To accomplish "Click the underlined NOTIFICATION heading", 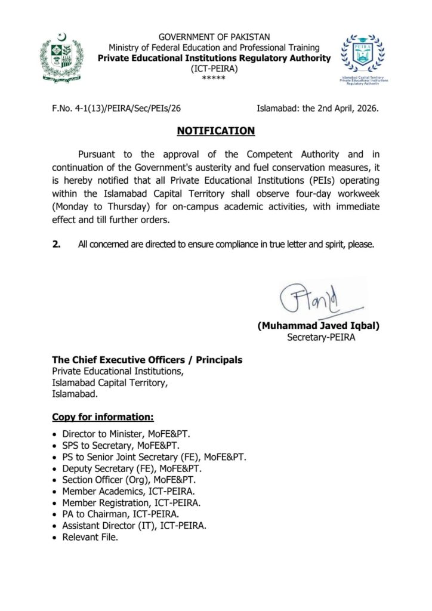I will (215, 131).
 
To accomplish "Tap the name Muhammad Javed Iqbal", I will (318, 326).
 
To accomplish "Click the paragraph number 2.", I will (56, 243).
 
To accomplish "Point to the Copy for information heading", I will (103, 416).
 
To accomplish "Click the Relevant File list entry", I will (90, 537).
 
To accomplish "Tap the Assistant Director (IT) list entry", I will (134, 526).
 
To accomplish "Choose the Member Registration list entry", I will (131, 503).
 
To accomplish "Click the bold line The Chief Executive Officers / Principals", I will (147, 360).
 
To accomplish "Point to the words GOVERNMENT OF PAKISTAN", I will (214, 37).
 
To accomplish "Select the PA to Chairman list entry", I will (121, 514).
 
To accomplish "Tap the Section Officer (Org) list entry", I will (129, 480).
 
